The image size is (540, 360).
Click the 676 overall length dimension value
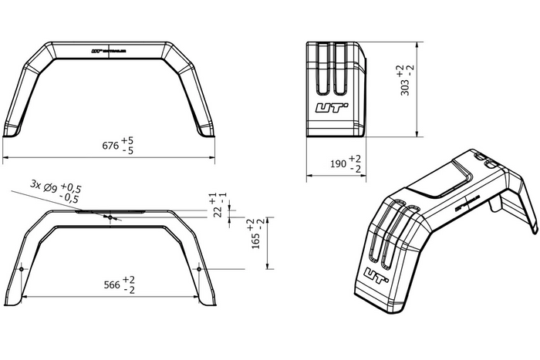110,145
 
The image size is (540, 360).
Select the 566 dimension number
112,284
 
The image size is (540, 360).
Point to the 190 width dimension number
338,163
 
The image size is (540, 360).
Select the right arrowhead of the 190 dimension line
367,176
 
